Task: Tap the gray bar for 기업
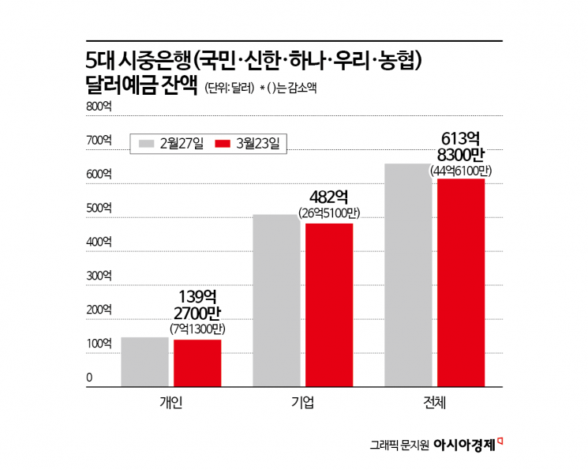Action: tap(275, 301)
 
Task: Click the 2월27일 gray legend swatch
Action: tap(146, 143)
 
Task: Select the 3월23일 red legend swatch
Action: tap(223, 143)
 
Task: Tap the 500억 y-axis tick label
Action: tap(99, 209)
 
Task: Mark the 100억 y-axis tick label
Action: tap(99, 344)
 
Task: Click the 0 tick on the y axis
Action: tap(89, 378)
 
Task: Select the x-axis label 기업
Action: tap(302, 403)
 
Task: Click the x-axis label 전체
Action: tap(434, 403)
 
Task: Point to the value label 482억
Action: tap(328, 197)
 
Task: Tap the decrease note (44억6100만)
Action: tap(461, 171)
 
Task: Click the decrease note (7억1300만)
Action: tap(197, 328)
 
